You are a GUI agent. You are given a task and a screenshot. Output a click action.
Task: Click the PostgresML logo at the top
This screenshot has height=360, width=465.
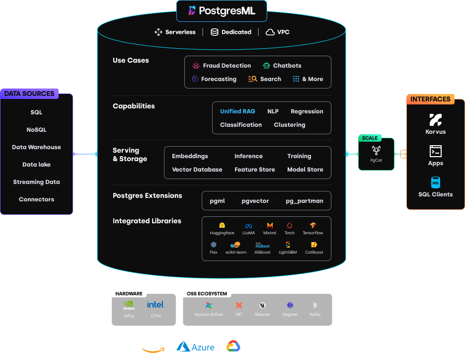(x=192, y=10)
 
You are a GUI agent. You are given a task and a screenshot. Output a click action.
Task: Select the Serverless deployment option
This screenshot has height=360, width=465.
(x=175, y=32)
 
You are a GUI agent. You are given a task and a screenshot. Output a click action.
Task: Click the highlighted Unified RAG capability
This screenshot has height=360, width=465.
(x=237, y=111)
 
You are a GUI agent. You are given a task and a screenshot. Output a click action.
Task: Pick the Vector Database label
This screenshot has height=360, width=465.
(x=197, y=170)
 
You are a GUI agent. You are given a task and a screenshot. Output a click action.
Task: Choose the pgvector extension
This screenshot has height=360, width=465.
(x=255, y=201)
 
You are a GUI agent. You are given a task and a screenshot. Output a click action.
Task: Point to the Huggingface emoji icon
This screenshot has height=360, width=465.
(x=222, y=225)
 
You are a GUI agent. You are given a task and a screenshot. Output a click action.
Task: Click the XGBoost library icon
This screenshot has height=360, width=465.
(x=262, y=245)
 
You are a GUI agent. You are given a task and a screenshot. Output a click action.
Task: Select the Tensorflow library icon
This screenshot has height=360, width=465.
(x=312, y=225)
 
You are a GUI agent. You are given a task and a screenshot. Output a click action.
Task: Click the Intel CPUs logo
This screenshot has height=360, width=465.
(x=155, y=304)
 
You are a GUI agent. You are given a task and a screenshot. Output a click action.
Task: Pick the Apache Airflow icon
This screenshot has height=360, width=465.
(x=209, y=305)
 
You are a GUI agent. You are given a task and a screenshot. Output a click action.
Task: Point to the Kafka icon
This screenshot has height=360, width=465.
(x=315, y=305)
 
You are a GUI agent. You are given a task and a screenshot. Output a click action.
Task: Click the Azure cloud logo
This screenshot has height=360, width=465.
(x=195, y=347)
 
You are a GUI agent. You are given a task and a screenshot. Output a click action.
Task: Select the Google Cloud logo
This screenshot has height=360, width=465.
(x=233, y=346)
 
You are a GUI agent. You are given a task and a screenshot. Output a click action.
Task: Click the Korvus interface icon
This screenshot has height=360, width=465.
(x=435, y=120)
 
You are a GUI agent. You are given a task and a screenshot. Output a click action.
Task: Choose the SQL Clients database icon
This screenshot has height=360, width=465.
(x=435, y=182)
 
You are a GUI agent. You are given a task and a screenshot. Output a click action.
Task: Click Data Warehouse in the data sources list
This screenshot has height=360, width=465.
(x=36, y=147)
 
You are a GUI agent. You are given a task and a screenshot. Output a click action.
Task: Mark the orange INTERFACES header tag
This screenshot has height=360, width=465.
(x=430, y=99)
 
